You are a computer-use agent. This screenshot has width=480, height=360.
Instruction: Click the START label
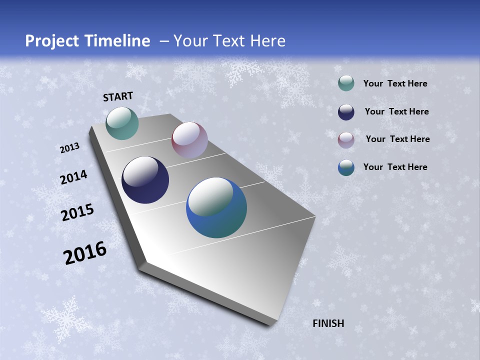pos(118,96)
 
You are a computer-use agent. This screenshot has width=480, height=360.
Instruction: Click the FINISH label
pos(328,323)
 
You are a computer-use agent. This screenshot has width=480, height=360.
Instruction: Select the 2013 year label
pos(69,148)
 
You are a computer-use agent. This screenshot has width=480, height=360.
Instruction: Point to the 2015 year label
pos(77,213)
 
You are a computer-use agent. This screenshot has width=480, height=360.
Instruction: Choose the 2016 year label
pos(85,253)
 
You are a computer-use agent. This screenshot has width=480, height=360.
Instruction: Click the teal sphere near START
pos(122,123)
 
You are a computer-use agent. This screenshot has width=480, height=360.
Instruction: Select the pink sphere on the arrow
pos(189,140)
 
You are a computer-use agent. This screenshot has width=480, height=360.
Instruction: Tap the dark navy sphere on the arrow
pos(145,180)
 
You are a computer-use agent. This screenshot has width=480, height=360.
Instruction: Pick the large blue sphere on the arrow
pos(216,207)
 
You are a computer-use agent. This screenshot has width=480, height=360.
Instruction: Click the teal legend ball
pos(346,83)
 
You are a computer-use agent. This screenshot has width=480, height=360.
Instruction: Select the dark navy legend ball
pos(346,112)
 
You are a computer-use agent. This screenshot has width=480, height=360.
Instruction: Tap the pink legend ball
pos(346,139)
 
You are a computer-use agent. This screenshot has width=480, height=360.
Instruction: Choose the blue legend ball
pos(346,167)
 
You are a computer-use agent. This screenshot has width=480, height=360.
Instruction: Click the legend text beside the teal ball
pos(395,83)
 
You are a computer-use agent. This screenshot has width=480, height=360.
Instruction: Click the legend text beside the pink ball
pos(397,139)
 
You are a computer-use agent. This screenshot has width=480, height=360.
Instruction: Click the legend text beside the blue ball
pos(395,167)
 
